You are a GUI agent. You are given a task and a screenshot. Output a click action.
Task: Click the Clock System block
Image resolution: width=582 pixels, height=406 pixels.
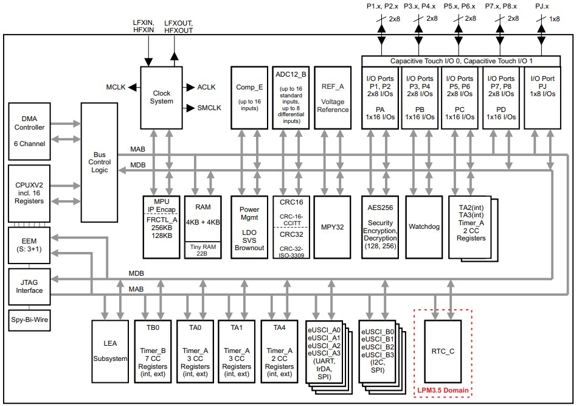[161, 97]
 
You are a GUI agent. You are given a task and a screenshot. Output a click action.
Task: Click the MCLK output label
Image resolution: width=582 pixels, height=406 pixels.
[115, 87]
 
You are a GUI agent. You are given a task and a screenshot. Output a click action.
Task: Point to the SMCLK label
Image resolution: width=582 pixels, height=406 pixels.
[209, 108]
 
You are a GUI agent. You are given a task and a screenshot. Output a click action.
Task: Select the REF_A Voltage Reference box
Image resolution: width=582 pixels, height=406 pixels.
[333, 97]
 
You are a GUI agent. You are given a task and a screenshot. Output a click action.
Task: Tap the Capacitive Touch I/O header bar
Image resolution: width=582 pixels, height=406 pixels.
[460, 61]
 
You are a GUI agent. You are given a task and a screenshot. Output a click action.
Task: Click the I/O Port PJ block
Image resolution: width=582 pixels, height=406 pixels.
[542, 97]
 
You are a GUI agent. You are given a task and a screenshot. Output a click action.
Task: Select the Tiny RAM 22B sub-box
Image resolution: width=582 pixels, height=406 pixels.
[204, 250]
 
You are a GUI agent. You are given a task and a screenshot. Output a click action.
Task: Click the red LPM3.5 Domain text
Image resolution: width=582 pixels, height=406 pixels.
[443, 390]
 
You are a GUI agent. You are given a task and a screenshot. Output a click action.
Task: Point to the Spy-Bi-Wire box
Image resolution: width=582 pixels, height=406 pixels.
[29, 319]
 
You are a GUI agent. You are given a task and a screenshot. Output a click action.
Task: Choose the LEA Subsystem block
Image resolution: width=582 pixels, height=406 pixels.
[110, 351]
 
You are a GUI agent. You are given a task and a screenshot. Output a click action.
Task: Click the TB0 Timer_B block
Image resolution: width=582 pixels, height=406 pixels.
[153, 351]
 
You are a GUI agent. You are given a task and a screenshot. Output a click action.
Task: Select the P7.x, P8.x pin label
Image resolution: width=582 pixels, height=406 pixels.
[502, 5]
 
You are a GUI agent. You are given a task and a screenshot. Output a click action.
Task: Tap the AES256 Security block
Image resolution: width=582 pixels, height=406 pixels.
[381, 226]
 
